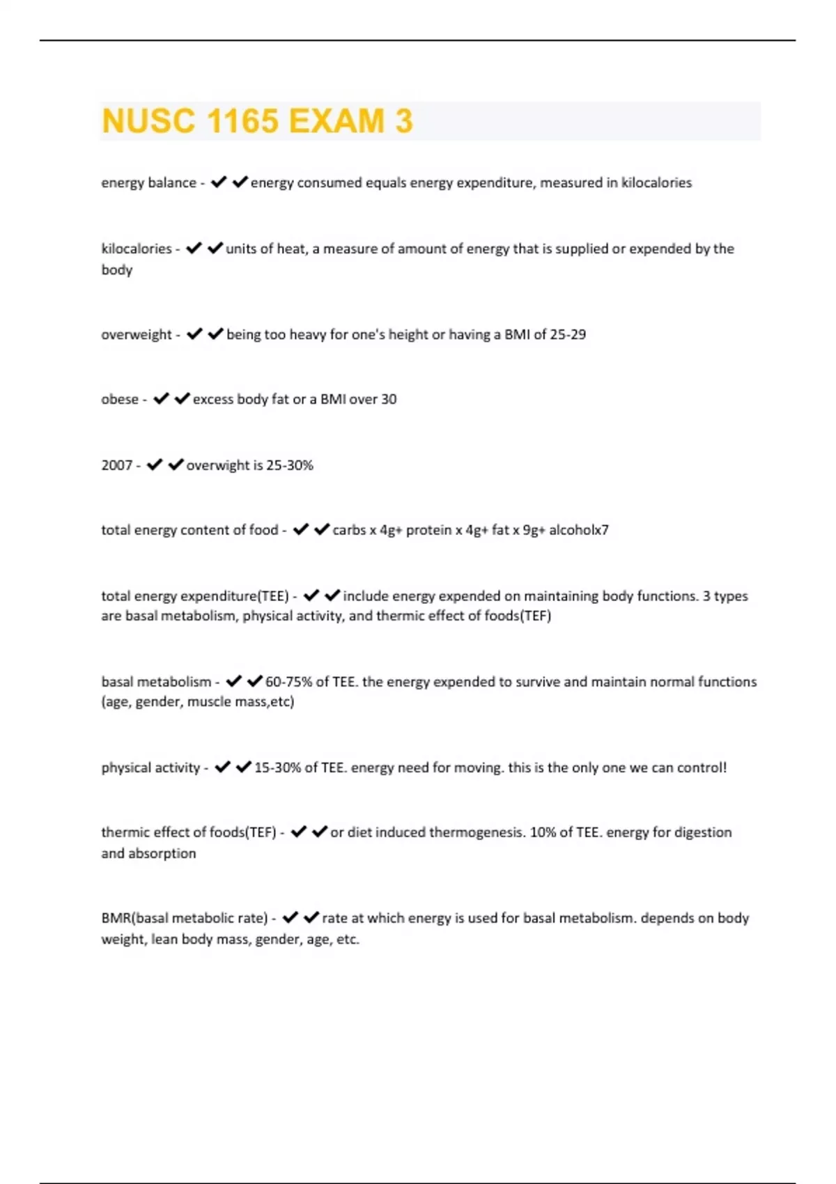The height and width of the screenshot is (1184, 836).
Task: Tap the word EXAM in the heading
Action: (x=336, y=121)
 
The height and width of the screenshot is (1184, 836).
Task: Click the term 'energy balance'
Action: (x=148, y=182)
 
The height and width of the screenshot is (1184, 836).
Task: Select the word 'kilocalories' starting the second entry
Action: (x=137, y=249)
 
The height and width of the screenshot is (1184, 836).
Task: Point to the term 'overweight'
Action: (x=137, y=334)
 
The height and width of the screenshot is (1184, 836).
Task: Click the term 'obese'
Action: (x=120, y=399)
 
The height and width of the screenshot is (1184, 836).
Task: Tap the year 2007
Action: (x=116, y=465)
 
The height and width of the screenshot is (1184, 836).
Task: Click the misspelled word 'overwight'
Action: (x=217, y=465)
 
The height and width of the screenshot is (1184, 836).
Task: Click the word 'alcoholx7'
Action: (x=579, y=530)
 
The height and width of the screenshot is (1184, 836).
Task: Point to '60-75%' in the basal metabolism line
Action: (x=288, y=682)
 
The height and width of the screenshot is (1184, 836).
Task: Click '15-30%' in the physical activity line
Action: (x=277, y=768)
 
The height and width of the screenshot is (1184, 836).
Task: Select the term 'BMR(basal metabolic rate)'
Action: (x=185, y=918)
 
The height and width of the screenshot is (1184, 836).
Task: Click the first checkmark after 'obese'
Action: (x=161, y=398)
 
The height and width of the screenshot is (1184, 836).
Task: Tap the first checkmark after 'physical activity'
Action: (x=222, y=767)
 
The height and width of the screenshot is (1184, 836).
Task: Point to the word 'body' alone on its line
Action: (x=117, y=270)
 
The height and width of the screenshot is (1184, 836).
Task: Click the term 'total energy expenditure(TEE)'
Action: (x=195, y=596)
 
